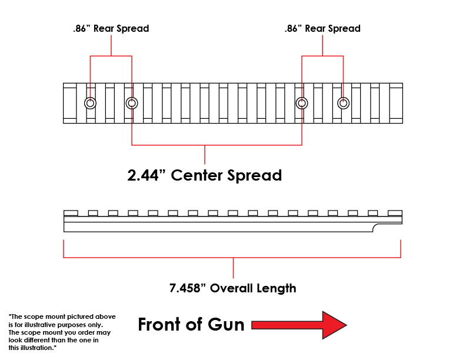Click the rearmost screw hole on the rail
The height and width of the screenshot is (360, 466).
90,104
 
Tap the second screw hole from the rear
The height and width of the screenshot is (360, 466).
132,104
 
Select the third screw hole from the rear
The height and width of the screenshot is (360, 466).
302,104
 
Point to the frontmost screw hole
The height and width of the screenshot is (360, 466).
343,104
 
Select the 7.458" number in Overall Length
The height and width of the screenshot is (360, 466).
188,288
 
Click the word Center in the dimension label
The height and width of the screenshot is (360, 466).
196,175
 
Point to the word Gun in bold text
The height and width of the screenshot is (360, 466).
226,324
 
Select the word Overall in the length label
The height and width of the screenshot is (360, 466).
231,288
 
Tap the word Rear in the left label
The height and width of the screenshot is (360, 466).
104,28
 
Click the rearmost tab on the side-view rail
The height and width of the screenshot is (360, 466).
71,213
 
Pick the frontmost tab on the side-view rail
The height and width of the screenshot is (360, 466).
395,213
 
